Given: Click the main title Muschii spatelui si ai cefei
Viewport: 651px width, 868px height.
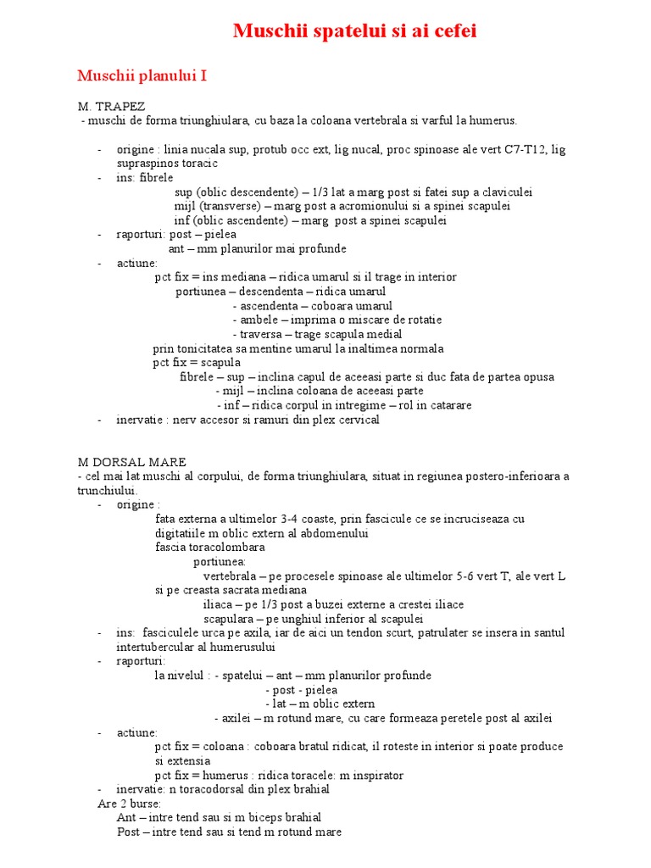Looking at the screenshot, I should coord(355,32).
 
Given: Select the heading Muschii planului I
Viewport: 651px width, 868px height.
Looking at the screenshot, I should coord(142,76).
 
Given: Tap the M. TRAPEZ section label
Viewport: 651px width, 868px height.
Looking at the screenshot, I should coord(111,107).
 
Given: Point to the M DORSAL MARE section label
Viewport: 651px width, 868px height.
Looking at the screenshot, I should coord(131,462).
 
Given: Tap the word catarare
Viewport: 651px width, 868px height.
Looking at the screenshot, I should coord(447,405).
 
